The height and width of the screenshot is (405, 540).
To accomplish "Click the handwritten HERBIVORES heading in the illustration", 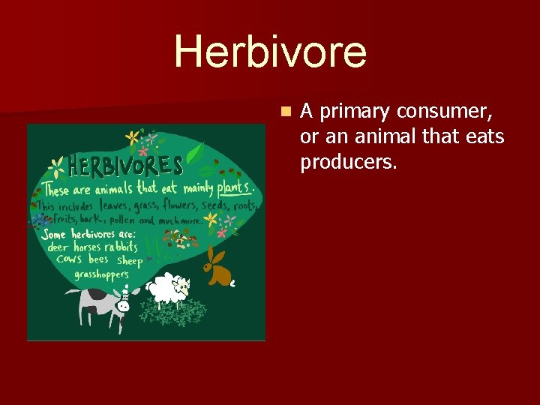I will point(125,164).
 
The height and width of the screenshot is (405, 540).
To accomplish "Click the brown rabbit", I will point(218,269).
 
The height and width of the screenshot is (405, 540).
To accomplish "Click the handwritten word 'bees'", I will point(97,259).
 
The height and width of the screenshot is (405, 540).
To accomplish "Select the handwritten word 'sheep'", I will point(129,261).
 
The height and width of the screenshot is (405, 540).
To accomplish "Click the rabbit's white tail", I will point(233,283).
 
